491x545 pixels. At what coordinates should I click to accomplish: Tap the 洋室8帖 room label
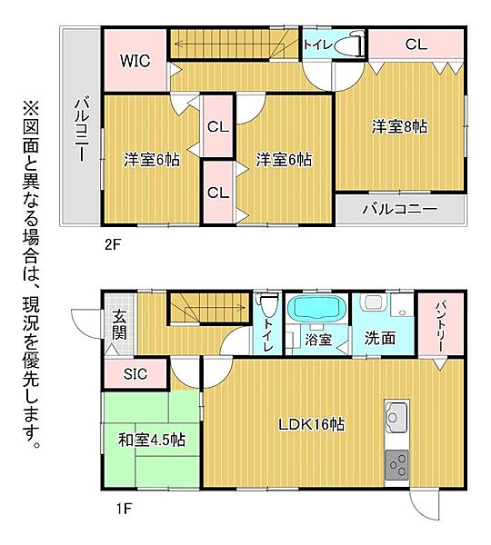399,127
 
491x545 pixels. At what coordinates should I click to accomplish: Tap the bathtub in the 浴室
316,311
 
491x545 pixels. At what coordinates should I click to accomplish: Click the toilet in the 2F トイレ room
348,45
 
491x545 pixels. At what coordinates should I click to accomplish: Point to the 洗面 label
380,338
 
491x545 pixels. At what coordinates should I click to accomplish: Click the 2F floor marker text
111,243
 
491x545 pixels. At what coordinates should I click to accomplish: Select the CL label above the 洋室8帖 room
416,43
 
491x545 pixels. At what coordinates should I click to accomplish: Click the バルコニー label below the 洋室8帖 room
399,209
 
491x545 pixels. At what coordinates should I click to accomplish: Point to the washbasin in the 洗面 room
371,306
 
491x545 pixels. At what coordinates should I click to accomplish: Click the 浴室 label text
317,340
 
